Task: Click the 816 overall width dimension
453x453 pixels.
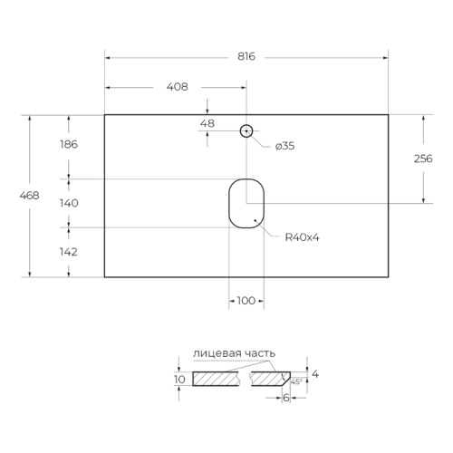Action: coord(246,56)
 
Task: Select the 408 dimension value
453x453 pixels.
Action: coord(178,87)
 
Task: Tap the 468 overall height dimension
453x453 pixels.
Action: coord(29,196)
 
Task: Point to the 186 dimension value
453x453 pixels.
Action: coord(69,144)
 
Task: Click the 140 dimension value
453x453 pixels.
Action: coord(69,203)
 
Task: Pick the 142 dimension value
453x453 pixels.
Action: coord(69,252)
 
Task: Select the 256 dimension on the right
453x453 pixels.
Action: coord(423,159)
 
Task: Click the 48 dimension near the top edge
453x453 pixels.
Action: coord(207,123)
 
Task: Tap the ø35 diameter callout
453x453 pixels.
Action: coord(284,146)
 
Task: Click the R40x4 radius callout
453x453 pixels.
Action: coord(302,237)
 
